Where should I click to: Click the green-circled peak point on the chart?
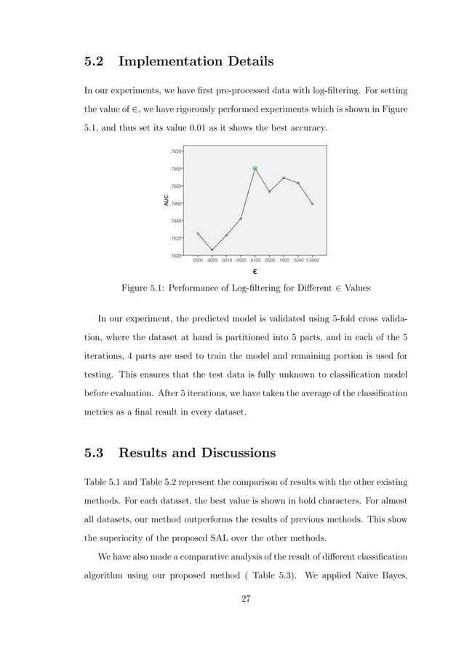[255, 168]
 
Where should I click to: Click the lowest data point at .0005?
[212, 250]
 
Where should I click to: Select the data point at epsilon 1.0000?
[313, 204]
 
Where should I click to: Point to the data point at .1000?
[284, 178]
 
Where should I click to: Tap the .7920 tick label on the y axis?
[175, 152]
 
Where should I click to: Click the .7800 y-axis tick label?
[175, 256]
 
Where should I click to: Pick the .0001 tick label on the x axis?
[198, 260]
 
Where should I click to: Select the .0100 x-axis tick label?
[255, 260]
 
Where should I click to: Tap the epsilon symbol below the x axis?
[255, 272]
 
